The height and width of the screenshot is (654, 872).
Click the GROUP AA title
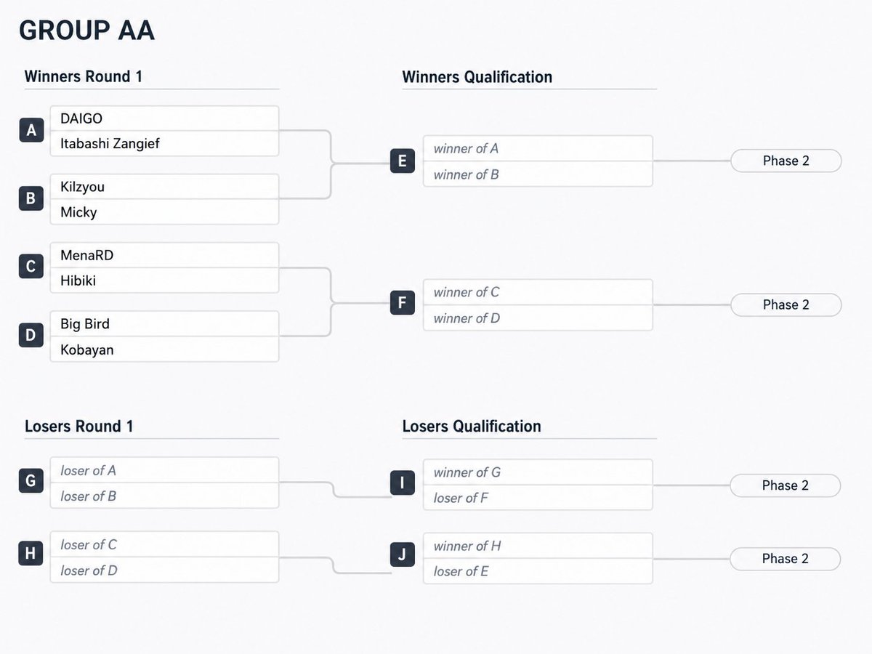(86, 31)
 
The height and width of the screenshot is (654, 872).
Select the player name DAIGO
(81, 118)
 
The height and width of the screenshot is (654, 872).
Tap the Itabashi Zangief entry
(110, 143)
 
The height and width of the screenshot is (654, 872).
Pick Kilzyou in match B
(82, 187)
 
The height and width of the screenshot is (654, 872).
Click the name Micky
(78, 212)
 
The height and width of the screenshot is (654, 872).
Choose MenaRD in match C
(86, 255)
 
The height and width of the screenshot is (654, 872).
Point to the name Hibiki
(78, 280)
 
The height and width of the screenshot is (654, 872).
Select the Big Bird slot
(84, 323)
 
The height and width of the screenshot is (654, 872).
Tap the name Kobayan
(86, 350)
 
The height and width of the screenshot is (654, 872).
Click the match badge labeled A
(31, 130)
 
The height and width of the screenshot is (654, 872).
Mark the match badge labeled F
(402, 302)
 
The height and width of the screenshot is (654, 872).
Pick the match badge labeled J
(402, 554)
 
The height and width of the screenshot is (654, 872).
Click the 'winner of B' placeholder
(466, 174)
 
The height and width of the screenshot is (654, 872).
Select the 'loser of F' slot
(461, 498)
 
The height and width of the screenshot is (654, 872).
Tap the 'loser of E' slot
(461, 571)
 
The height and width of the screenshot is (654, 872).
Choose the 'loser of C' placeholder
(88, 544)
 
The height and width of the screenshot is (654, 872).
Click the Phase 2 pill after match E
(786, 161)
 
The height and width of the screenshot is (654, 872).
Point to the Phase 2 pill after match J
(785, 559)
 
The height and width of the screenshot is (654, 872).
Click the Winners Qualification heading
(477, 76)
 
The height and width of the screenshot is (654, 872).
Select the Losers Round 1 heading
(78, 426)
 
